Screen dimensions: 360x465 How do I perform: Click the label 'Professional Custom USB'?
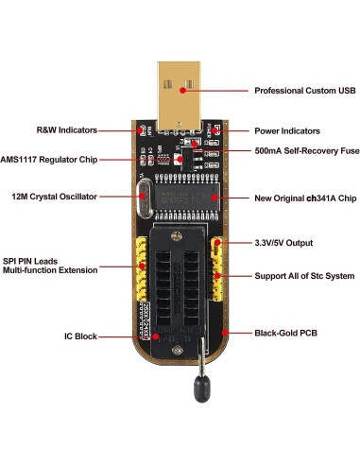[x=305, y=91]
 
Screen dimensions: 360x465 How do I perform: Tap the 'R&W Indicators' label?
[x=67, y=130]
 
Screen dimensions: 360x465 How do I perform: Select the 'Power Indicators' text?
[x=287, y=131]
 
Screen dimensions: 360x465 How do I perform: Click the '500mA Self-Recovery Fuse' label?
[x=307, y=151]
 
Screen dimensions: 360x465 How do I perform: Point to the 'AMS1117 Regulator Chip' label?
[x=49, y=160]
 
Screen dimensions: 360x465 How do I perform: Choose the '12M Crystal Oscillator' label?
[x=54, y=197]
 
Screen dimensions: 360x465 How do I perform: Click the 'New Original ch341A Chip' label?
[x=305, y=198]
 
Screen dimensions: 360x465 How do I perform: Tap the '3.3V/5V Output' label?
[x=283, y=243]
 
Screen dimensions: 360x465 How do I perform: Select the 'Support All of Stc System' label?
[x=304, y=276]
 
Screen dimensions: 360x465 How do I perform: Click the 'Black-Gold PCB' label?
[x=285, y=333]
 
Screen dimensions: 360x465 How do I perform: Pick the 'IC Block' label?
[x=80, y=336]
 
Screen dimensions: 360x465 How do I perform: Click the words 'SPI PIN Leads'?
[x=30, y=261]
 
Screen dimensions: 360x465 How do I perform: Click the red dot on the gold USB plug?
[x=182, y=91]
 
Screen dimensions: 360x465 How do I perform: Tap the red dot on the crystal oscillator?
[x=143, y=197]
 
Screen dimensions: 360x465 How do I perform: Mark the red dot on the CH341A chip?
[x=214, y=198]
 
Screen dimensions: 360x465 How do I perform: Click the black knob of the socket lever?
[x=201, y=388]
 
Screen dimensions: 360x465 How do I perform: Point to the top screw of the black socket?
[x=177, y=235]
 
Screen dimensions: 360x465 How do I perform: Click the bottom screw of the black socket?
[x=178, y=350]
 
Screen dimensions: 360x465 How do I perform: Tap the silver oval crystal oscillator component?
[x=145, y=198]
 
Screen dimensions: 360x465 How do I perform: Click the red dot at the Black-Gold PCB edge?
[x=225, y=333]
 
